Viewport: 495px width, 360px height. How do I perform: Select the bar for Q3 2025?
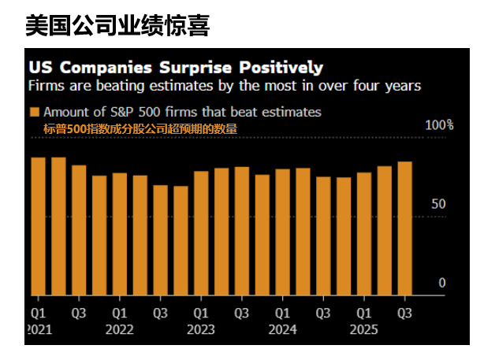tap(405, 228)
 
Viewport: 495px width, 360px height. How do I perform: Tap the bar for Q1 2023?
tap(201, 233)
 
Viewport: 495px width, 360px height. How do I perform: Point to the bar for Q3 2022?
tap(160, 240)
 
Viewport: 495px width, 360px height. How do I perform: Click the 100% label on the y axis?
tap(440, 125)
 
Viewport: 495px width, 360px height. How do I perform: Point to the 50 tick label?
tap(439, 204)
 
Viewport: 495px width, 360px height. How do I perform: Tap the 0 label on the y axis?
tap(442, 283)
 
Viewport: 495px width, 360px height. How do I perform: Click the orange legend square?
tap(35, 112)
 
